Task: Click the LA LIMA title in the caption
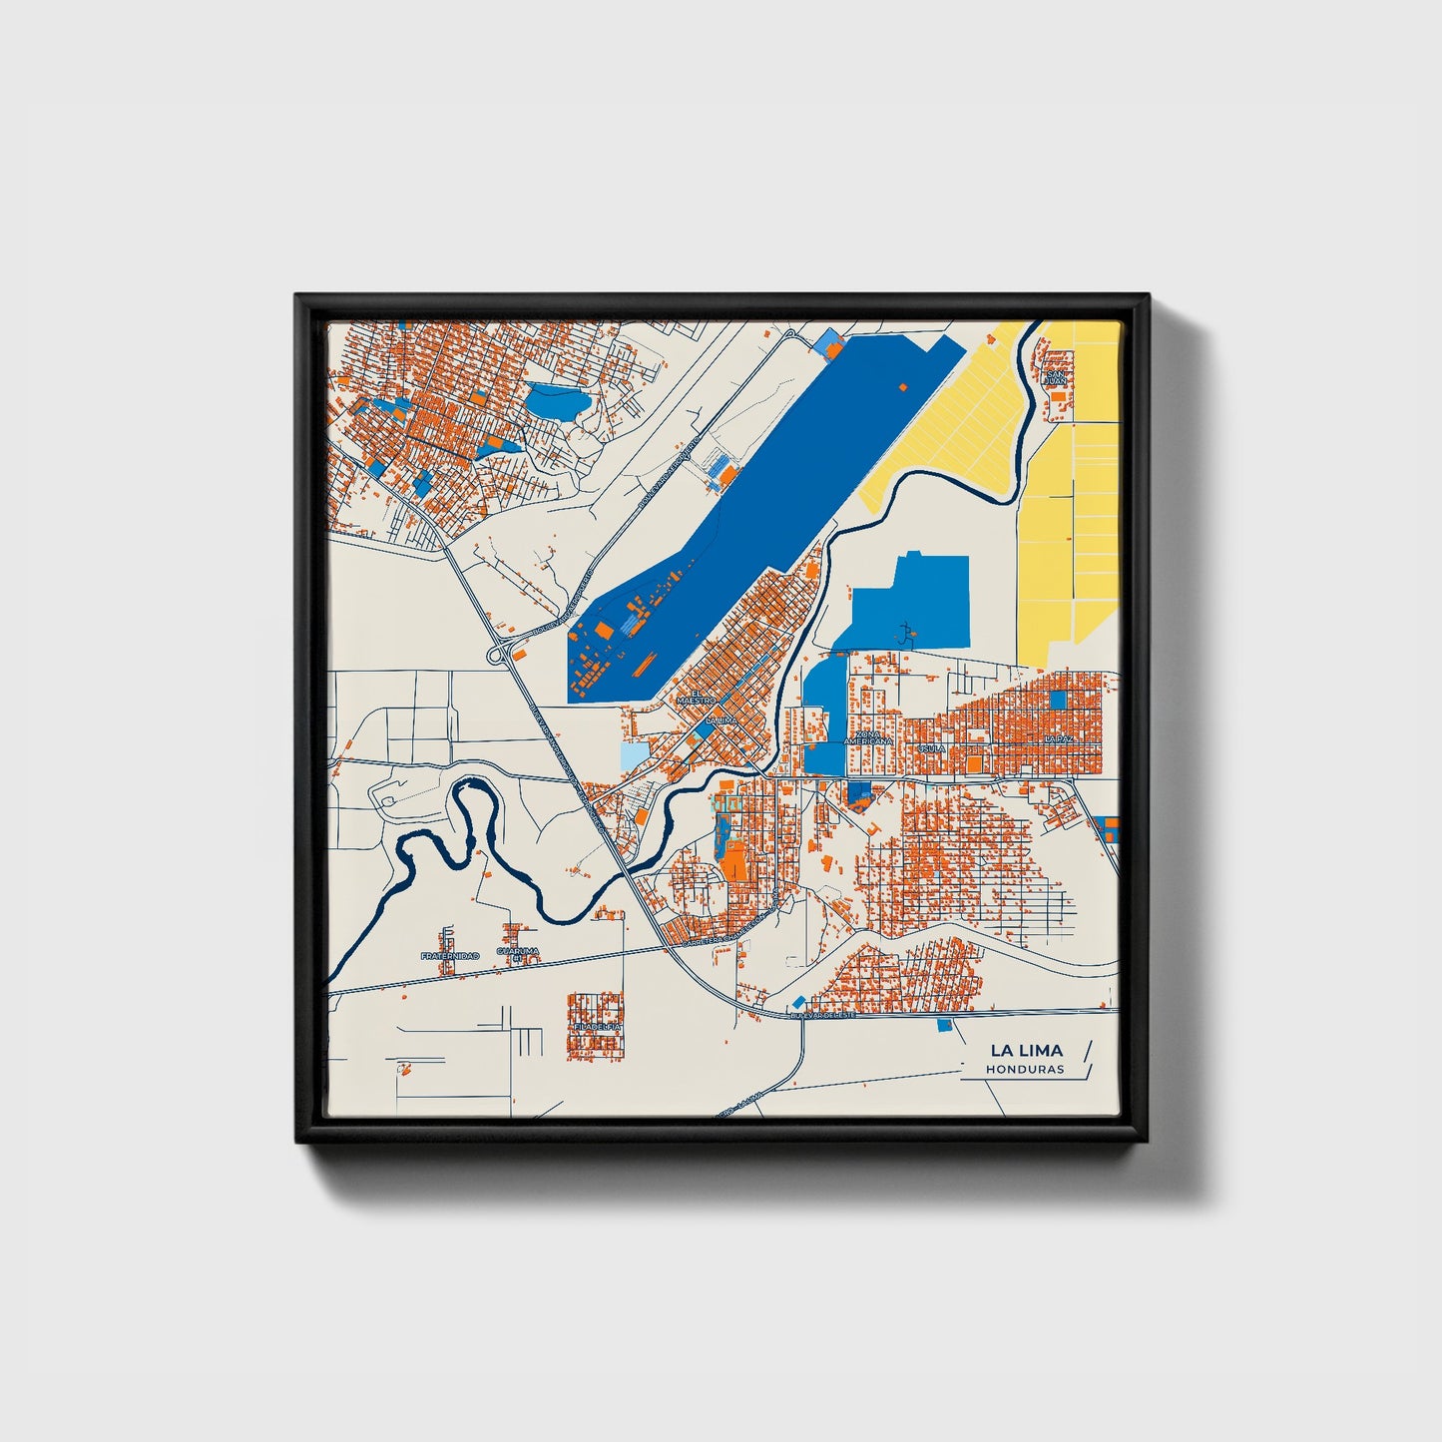click(x=1026, y=1050)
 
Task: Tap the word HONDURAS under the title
click(x=1025, y=1069)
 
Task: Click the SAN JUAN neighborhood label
click(x=1055, y=376)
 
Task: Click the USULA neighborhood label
click(x=932, y=747)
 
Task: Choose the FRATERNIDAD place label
click(x=449, y=956)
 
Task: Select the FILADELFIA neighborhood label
click(x=597, y=1025)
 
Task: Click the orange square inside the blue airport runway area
click(x=904, y=386)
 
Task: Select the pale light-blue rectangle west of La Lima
click(x=634, y=756)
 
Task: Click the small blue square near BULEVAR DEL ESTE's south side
click(x=944, y=1025)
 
